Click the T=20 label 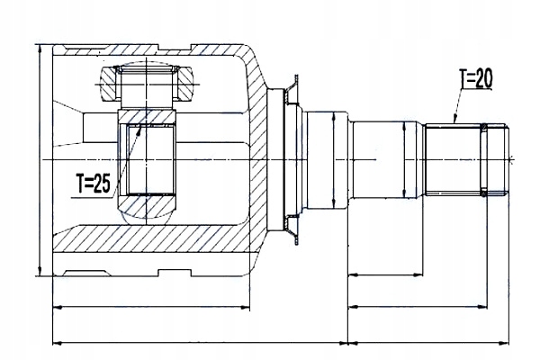pos(476,78)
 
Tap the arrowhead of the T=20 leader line pos(454,120)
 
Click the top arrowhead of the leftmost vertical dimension pos(40,49)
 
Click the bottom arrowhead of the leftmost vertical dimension pos(40,272)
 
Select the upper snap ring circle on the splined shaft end pos(483,128)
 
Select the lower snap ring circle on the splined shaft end pos(483,193)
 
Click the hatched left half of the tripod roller pos(109,84)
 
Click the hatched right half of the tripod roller pos(184,84)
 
